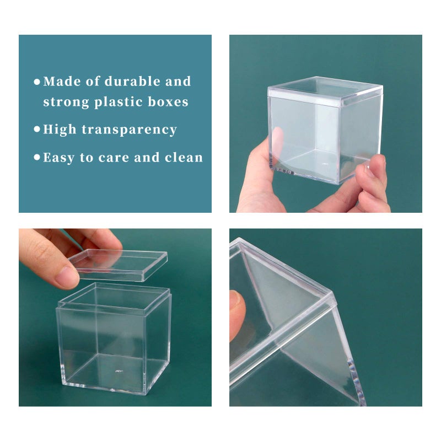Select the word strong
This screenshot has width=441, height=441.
click(x=66, y=102)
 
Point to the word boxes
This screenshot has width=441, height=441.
click(x=168, y=102)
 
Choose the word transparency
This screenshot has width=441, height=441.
click(x=129, y=130)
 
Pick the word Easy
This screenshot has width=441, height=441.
click(x=60, y=158)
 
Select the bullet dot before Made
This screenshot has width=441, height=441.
click(x=37, y=82)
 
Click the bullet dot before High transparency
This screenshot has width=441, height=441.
click(x=37, y=130)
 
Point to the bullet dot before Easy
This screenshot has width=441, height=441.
click(x=37, y=158)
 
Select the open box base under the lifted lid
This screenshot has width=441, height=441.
click(x=113, y=342)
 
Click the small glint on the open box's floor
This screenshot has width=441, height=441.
click(x=117, y=371)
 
